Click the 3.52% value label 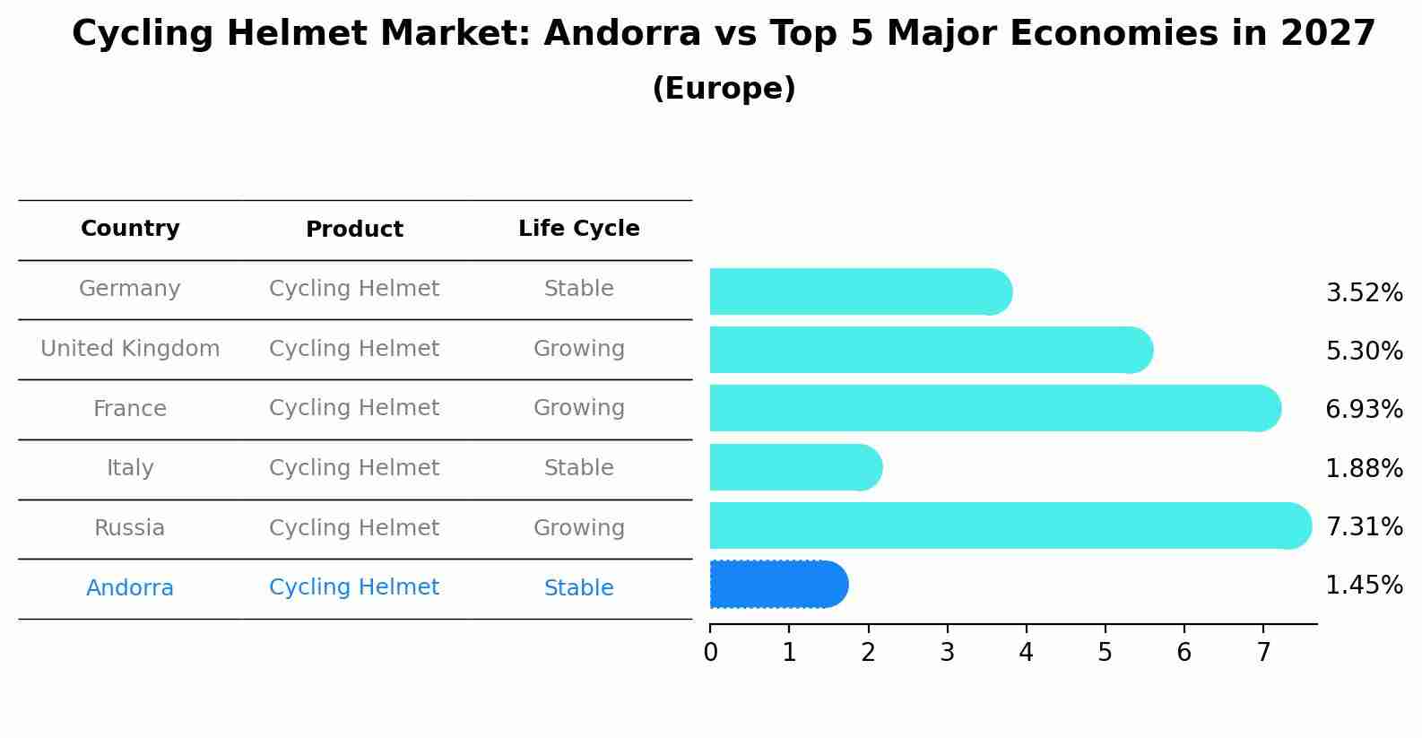point(1364,293)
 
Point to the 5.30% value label point(1364,351)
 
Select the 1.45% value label point(1364,586)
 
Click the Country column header point(130,229)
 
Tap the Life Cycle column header point(578,229)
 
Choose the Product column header point(354,230)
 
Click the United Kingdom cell point(130,349)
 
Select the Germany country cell point(130,289)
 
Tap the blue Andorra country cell point(130,588)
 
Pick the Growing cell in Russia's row point(578,528)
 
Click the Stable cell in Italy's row point(578,468)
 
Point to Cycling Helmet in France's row point(354,408)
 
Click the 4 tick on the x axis point(1026,653)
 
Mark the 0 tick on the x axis point(710,653)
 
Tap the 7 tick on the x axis point(1263,653)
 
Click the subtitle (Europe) point(724,89)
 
